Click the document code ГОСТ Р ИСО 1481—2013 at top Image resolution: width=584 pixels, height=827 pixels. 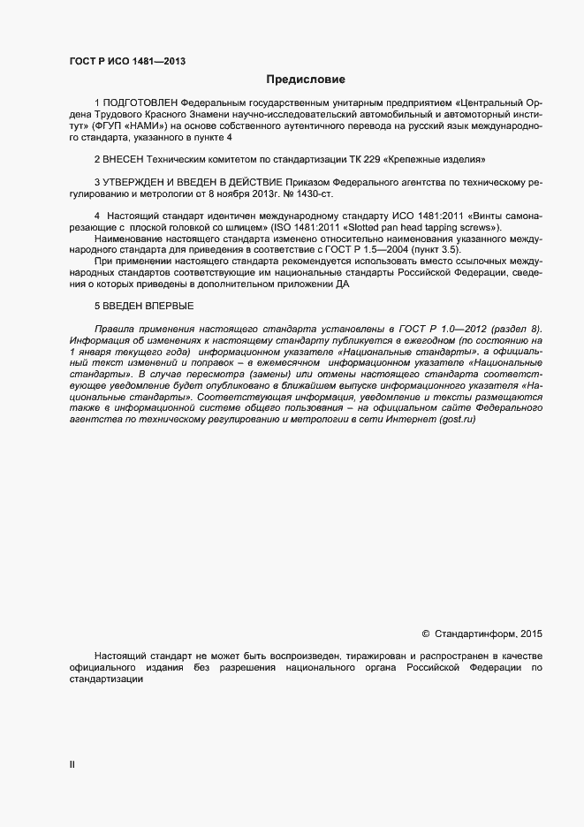127,61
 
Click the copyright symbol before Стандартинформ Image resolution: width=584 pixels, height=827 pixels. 426,634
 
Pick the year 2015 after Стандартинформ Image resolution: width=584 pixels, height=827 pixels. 531,634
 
